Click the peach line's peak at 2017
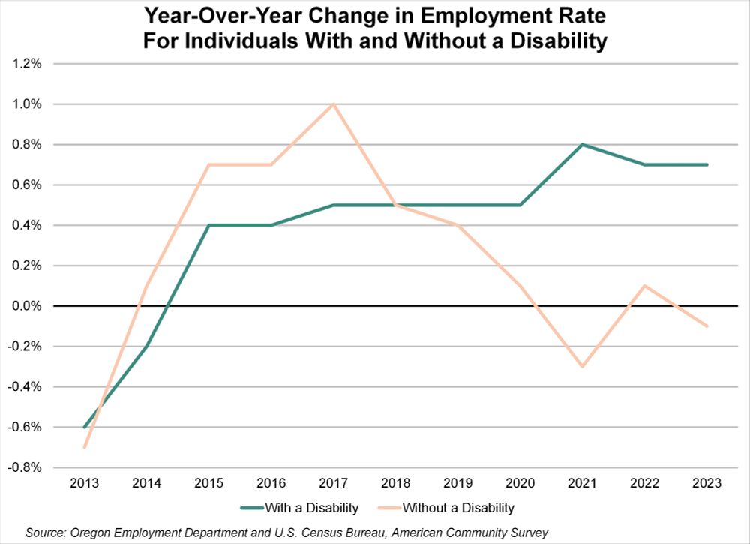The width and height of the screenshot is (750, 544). pos(333,104)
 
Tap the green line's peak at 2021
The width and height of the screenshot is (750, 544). pos(582,144)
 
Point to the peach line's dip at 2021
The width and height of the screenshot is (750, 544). pos(582,366)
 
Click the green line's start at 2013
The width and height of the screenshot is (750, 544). pos(84,427)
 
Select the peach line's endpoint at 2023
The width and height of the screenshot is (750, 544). pos(706,326)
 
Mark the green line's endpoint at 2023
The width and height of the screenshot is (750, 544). pos(706,164)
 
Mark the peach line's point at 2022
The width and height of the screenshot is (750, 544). pos(644,285)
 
